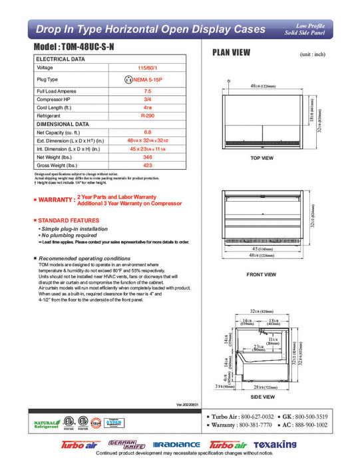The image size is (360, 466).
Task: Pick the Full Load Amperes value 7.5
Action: (x=148, y=91)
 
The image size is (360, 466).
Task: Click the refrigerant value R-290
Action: (x=148, y=116)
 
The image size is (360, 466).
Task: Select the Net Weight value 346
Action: (x=148, y=157)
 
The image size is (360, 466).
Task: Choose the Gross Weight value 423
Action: (x=148, y=166)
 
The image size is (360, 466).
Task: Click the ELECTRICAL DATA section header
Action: (x=61, y=59)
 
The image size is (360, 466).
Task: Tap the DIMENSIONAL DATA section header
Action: (x=63, y=124)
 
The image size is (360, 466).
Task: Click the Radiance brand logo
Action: (x=176, y=445)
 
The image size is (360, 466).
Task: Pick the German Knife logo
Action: (x=126, y=444)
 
